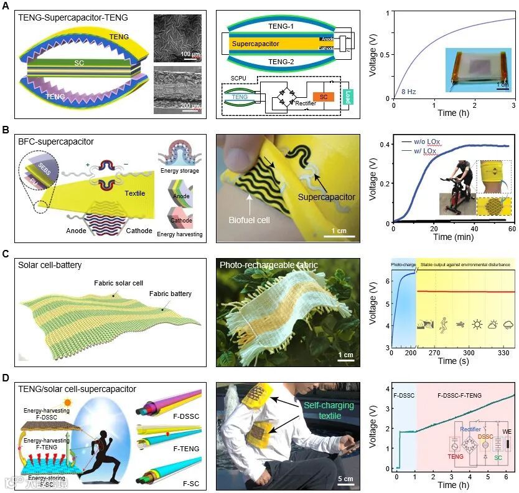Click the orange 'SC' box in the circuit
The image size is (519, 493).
(322, 97)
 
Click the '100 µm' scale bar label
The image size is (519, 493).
(190, 54)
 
